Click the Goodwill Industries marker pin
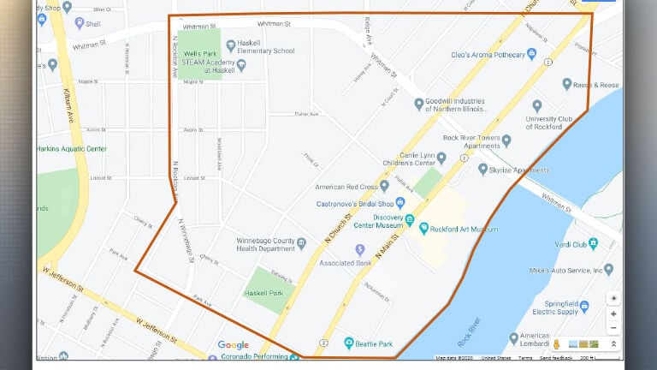419,104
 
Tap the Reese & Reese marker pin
566,84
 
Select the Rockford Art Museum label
466,229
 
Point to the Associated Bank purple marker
360,249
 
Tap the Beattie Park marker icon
349,343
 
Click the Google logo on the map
233,345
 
